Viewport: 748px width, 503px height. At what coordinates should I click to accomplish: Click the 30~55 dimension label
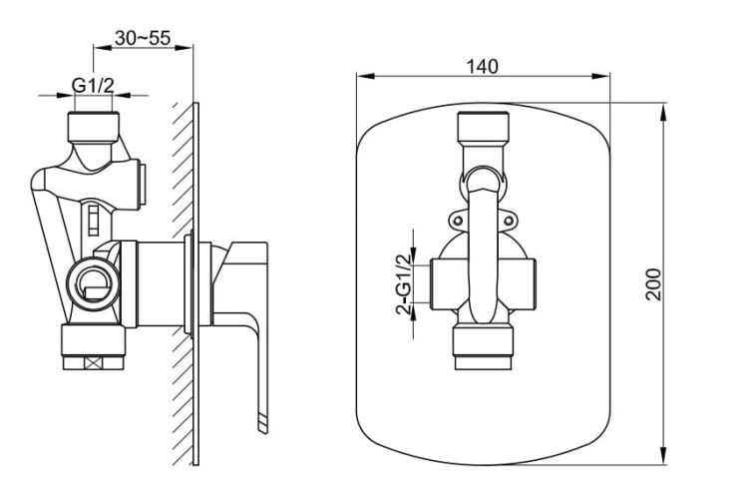[x=143, y=38]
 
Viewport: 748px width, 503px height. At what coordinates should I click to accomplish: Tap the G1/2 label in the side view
[x=93, y=86]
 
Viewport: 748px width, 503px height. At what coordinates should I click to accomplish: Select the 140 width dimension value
[x=482, y=67]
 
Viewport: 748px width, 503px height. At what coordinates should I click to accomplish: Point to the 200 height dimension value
[x=653, y=284]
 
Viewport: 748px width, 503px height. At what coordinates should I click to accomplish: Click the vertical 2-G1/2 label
[x=404, y=284]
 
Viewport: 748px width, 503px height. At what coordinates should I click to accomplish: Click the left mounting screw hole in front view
[x=458, y=221]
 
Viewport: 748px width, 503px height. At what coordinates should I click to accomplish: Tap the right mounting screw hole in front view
[x=509, y=221]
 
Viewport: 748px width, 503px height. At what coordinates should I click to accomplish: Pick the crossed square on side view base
[x=93, y=363]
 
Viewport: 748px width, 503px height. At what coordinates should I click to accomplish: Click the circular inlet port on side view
[x=93, y=284]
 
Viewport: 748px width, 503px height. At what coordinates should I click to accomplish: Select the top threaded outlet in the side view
[x=93, y=127]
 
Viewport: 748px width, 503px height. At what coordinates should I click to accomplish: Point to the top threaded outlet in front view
[x=484, y=127]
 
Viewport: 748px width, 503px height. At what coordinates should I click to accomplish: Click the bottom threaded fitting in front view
[x=484, y=347]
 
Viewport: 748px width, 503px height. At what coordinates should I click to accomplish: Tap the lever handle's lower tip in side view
[x=263, y=427]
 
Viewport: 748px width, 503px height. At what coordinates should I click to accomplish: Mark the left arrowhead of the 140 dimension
[x=364, y=76]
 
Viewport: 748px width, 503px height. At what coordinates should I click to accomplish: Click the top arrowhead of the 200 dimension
[x=663, y=110]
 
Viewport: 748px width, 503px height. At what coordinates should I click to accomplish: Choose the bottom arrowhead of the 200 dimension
[x=663, y=456]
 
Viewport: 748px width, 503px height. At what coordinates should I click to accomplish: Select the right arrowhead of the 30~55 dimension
[x=185, y=47]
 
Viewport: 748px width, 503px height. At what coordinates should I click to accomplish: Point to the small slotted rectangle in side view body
[x=94, y=220]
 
